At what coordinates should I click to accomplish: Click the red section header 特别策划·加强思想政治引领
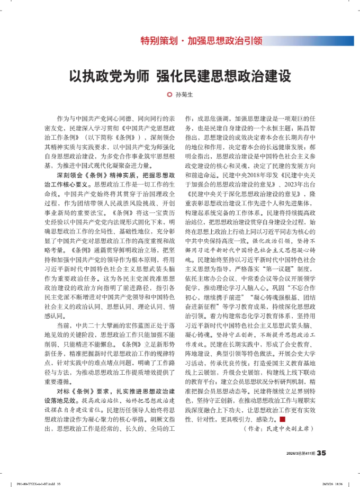click(x=201, y=40)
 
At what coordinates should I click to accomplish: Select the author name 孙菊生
click(x=185, y=95)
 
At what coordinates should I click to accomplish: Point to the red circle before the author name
click(x=169, y=95)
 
